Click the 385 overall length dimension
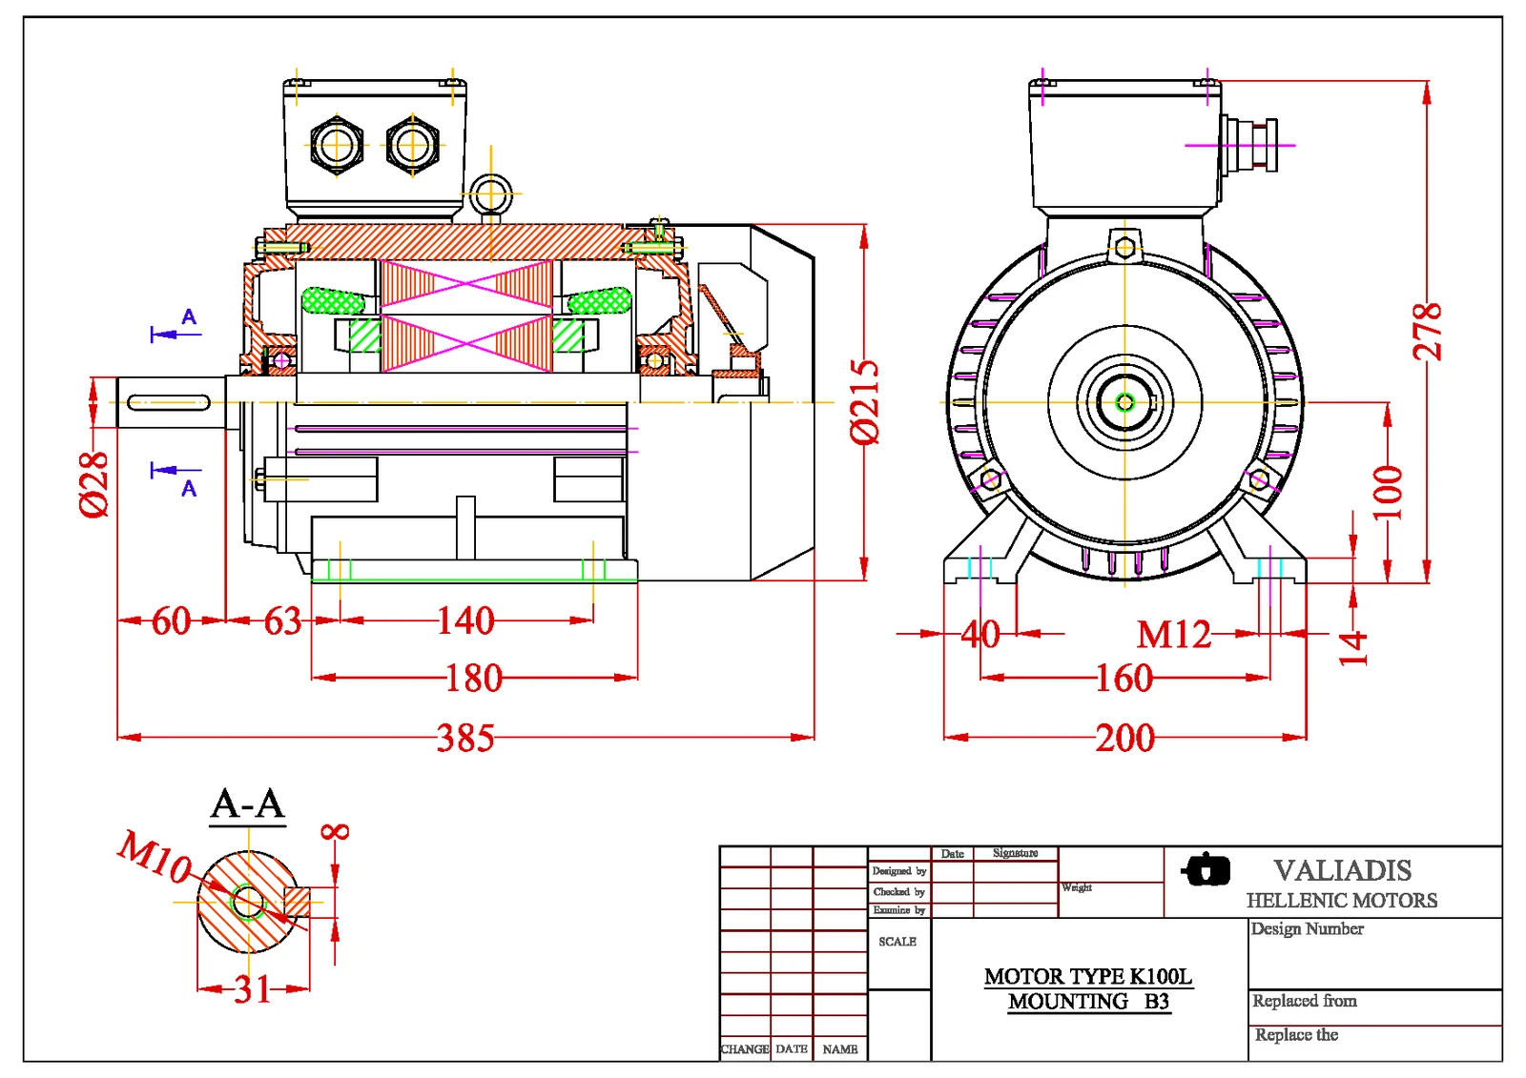pos(465,738)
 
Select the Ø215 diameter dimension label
pos(864,401)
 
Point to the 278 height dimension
pos(1427,332)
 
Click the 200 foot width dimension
pos(1124,738)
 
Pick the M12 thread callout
pos(1173,635)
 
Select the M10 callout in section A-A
pos(155,857)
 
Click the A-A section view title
pos(248,804)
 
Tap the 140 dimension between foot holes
pos(465,621)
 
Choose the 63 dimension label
pos(282,621)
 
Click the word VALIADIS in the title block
pos(1342,870)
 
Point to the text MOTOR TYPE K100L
pos(1087,976)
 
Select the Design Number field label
pos(1307,928)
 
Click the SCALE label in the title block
pos(897,942)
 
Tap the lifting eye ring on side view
pos(491,194)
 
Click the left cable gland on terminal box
pos(336,146)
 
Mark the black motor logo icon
pos(1206,869)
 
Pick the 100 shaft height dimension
pos(1389,491)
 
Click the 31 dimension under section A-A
pos(253,989)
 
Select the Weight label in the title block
pos(1077,887)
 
